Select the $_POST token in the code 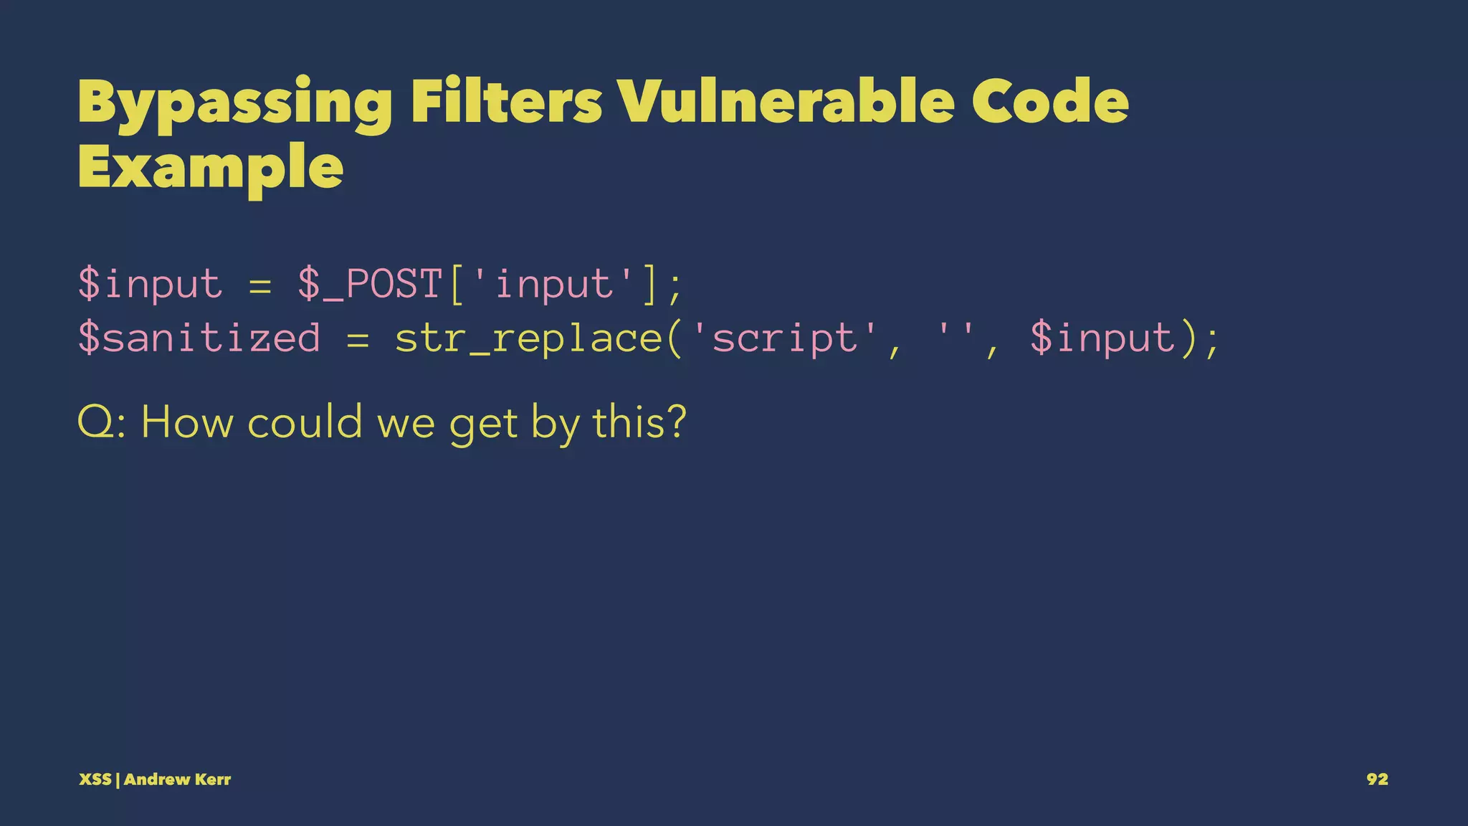(x=370, y=284)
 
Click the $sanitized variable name (x=199, y=338)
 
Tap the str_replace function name (x=529, y=338)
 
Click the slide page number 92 (x=1377, y=779)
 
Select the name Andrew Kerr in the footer (x=177, y=779)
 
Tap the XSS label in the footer (x=95, y=779)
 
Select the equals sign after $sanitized (x=358, y=339)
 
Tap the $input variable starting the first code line (x=151, y=284)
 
